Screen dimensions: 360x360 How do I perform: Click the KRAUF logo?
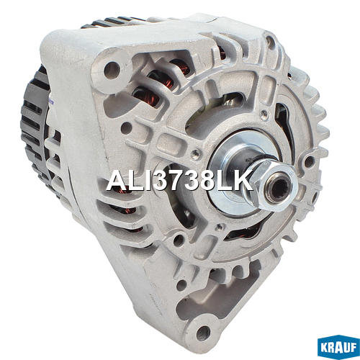338,346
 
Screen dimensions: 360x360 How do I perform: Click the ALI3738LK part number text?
179,181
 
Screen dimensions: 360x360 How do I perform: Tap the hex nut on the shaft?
276,186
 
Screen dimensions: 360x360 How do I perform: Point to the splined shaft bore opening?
279,189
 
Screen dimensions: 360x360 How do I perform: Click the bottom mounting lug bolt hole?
203,333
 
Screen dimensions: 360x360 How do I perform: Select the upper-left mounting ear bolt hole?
112,69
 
